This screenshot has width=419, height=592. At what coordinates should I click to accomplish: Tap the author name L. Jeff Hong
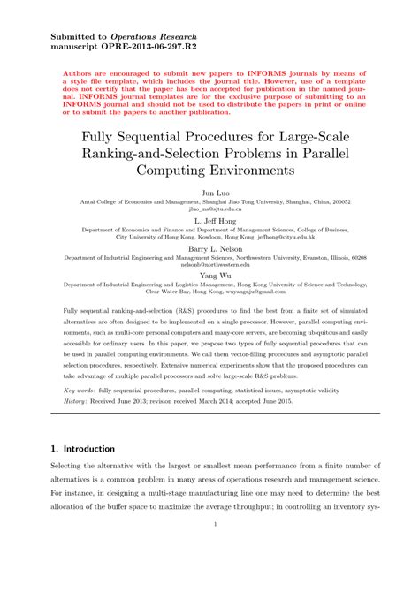[x=209, y=218]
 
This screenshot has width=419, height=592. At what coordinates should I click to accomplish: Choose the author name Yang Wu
[x=209, y=275]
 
